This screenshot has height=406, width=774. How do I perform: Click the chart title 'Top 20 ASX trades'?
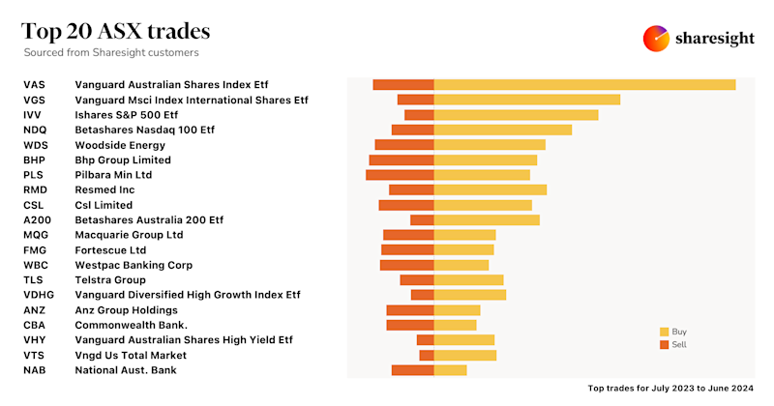point(116,32)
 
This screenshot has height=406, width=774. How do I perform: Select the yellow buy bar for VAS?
point(584,85)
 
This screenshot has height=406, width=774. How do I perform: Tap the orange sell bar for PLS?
point(400,175)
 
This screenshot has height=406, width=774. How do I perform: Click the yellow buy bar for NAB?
point(450,370)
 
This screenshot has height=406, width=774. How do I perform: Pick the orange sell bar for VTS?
point(427,355)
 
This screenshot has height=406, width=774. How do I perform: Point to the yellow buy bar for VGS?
point(526,100)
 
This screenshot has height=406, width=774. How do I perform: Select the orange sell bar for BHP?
point(402,159)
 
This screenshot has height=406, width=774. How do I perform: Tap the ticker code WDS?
point(35,145)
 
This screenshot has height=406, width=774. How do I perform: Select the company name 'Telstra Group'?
point(110,280)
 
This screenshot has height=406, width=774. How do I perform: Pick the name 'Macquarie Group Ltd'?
point(129,235)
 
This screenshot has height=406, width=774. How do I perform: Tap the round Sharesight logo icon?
point(657,38)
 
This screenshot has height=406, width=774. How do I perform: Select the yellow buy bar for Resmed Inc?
point(491,189)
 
